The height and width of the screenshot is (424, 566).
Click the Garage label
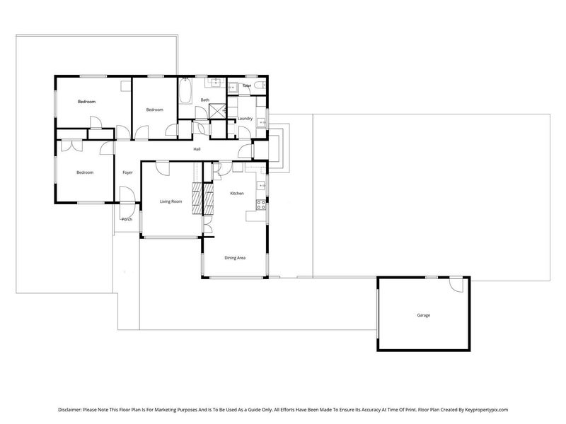pyautogui.click(x=423, y=315)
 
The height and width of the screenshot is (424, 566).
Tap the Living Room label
pyautogui.click(x=171, y=202)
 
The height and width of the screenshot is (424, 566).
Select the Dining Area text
pyautogui.click(x=235, y=259)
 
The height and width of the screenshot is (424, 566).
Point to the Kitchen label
pyautogui.click(x=237, y=193)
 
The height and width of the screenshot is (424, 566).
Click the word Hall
pyautogui.click(x=197, y=148)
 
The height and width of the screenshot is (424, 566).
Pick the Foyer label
pyautogui.click(x=128, y=172)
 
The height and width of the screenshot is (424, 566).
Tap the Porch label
pyautogui.click(x=127, y=219)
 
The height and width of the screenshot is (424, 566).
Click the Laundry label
pyautogui.click(x=246, y=119)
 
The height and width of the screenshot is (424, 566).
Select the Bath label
pyautogui.click(x=204, y=100)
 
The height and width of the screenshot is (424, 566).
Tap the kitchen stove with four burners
pyautogui.click(x=260, y=206)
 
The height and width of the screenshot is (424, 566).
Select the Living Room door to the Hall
pyautogui.click(x=162, y=168)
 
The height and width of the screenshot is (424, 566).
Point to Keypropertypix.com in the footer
pyautogui.click(x=482, y=409)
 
